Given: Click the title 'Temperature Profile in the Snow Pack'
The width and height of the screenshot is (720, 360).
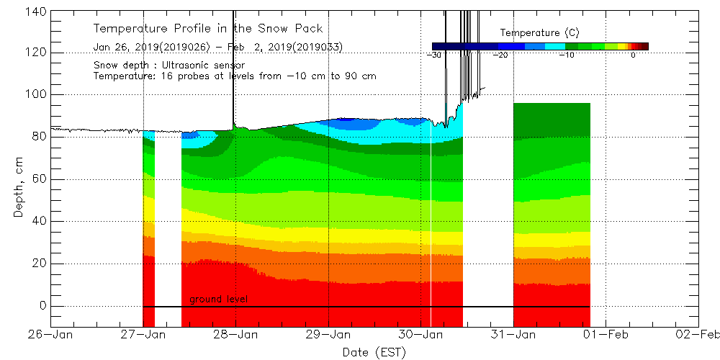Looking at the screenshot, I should (x=207, y=29).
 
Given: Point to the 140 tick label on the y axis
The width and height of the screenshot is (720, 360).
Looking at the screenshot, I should (x=36, y=12).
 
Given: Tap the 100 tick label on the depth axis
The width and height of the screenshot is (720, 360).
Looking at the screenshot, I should (x=36, y=95).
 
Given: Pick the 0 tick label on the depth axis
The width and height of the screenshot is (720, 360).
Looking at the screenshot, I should (x=42, y=306).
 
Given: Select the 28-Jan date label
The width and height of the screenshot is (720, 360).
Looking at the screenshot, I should (x=236, y=334).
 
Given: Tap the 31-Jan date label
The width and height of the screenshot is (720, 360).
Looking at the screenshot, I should (x=513, y=334).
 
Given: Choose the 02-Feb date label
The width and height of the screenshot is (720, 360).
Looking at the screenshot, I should (x=698, y=334).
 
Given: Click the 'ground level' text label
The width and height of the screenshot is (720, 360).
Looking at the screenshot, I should (x=219, y=299).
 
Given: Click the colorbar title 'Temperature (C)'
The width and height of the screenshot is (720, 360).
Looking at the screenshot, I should (x=539, y=33).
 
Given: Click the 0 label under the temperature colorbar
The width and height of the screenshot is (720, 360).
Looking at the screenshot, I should (x=633, y=55).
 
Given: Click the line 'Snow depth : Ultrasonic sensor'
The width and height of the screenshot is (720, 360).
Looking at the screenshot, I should (x=168, y=66).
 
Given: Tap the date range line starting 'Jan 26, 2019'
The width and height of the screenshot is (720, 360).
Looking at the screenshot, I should (x=217, y=47).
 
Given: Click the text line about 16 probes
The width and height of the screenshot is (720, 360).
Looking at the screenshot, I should (x=235, y=76).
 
